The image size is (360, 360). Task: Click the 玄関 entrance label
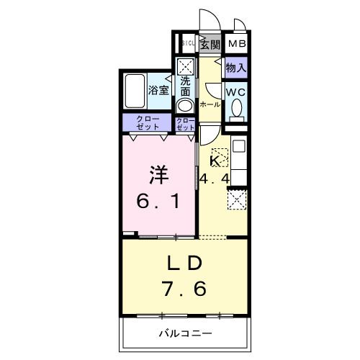[x=210, y=45]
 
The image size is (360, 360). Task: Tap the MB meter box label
[x=236, y=45]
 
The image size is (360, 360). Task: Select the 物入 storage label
[x=235, y=68]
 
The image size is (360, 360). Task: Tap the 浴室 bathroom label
[x=158, y=91]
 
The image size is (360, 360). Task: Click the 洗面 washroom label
[x=186, y=86]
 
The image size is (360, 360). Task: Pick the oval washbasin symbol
[x=185, y=105]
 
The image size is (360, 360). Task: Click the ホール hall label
[x=210, y=104]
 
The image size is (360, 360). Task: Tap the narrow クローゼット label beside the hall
[x=185, y=122]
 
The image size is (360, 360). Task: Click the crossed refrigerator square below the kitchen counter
[x=236, y=198]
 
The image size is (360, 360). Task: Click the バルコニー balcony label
[x=185, y=333]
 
